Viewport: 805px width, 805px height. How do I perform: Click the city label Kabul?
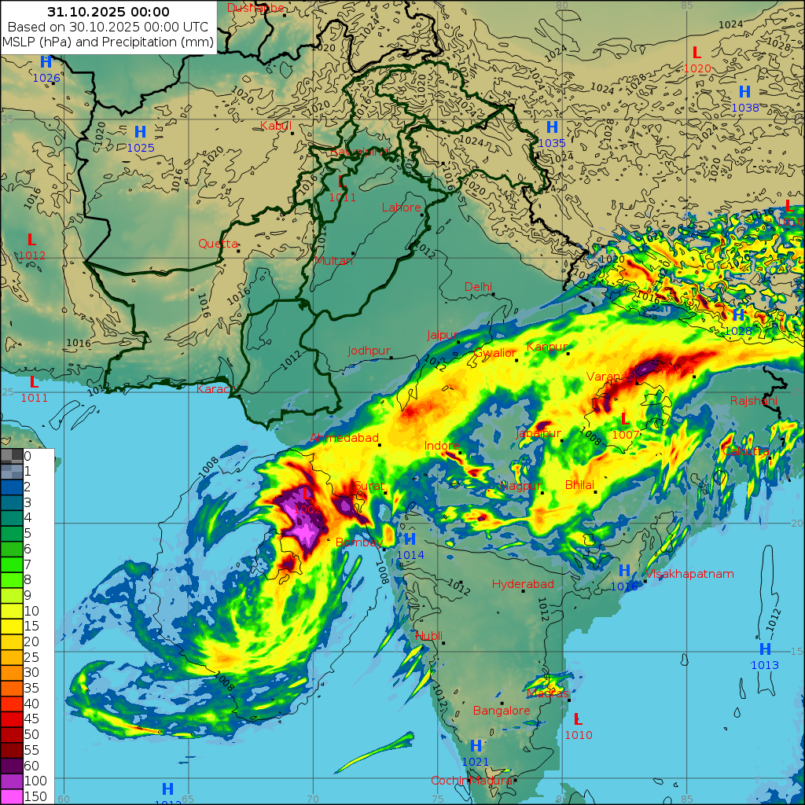(275, 126)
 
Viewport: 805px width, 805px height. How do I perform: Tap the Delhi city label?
(478, 287)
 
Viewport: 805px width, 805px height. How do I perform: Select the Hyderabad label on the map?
(523, 584)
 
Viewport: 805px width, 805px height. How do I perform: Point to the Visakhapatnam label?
(689, 574)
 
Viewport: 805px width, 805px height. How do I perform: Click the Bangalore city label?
(502, 711)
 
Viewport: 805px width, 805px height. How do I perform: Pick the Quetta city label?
(218, 244)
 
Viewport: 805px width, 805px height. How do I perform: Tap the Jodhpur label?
(369, 351)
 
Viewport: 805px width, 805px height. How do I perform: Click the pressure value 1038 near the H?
(745, 108)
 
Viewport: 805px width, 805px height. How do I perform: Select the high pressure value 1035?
(552, 143)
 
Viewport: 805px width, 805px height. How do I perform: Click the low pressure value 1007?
(625, 435)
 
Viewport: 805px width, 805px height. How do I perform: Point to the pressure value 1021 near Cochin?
(476, 762)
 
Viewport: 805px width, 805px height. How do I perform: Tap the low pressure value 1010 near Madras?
(579, 735)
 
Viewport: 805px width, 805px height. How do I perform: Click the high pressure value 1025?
(141, 148)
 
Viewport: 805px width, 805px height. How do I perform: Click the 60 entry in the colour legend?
(31, 766)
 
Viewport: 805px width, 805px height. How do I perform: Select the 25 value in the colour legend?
(31, 657)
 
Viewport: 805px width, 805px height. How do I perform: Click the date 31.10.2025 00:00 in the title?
(108, 12)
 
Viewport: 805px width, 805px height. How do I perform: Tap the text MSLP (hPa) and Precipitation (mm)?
(108, 42)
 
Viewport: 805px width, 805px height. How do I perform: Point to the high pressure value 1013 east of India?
(765, 666)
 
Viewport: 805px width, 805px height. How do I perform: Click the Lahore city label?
(402, 208)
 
